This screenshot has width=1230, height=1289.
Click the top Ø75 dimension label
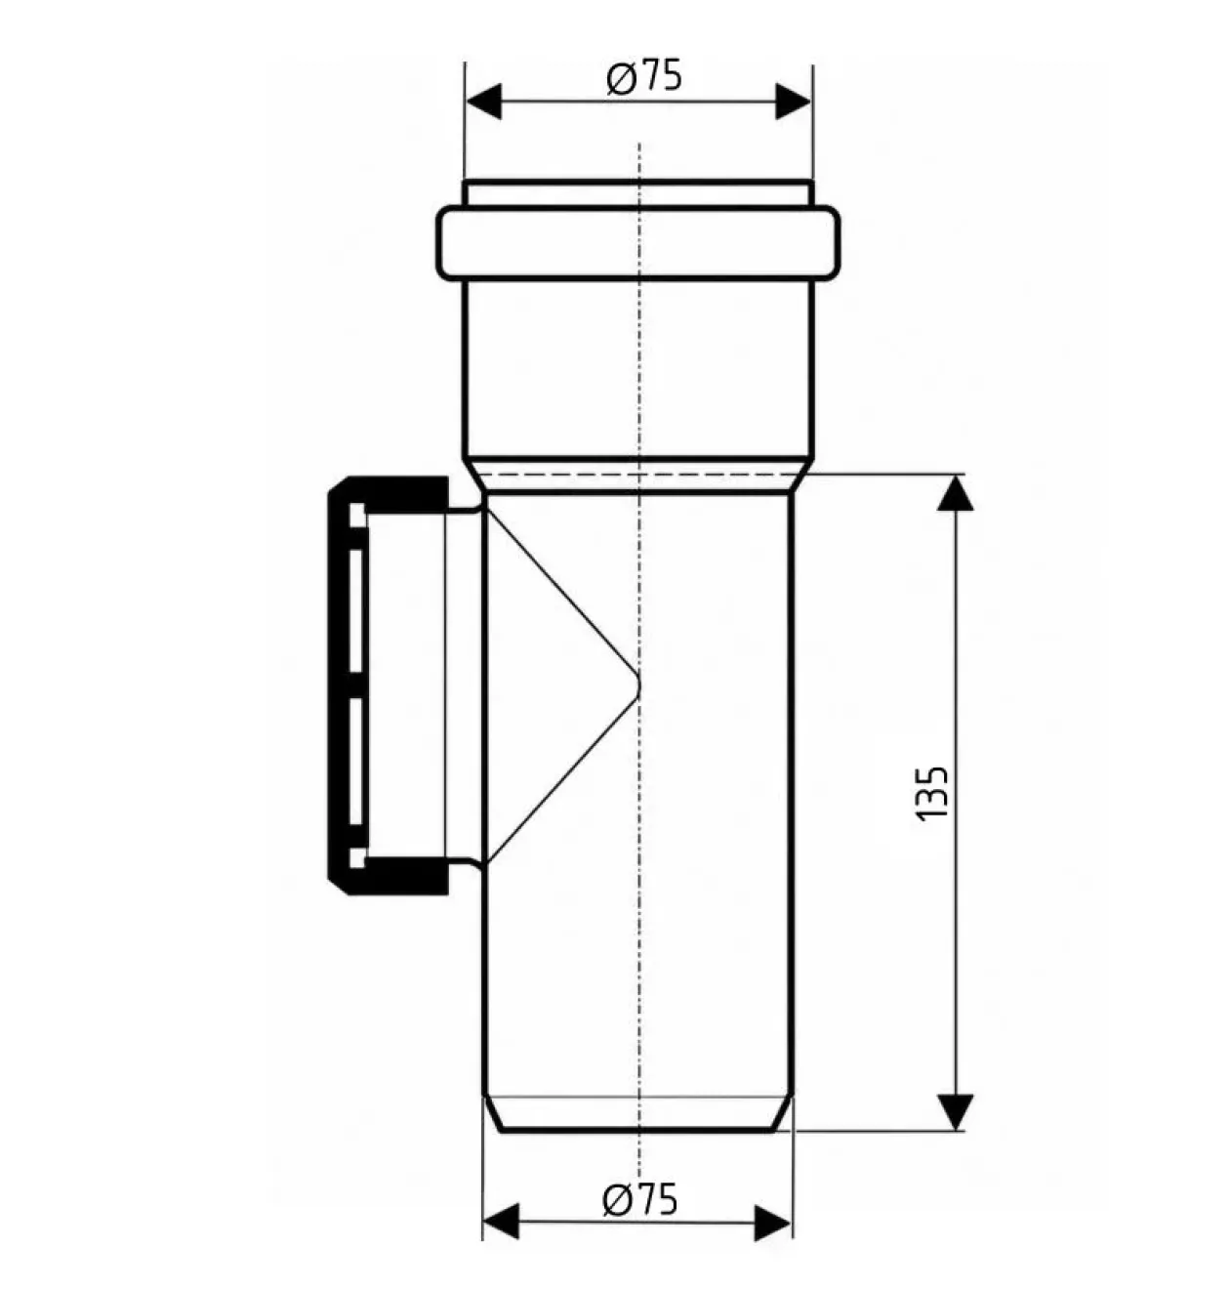(x=645, y=77)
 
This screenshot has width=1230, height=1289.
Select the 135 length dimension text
(x=930, y=793)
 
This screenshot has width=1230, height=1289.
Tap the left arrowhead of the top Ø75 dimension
(x=483, y=102)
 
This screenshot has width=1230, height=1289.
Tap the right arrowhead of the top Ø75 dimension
(x=794, y=102)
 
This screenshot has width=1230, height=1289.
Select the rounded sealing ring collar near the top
(x=638, y=242)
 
